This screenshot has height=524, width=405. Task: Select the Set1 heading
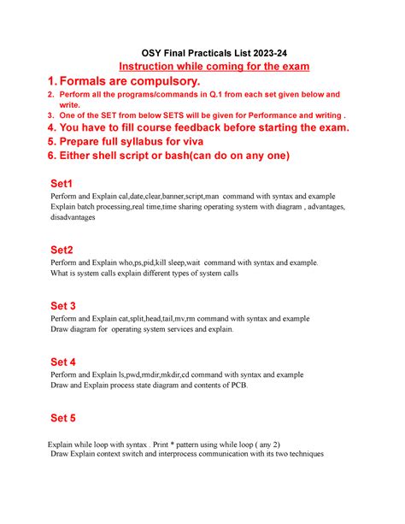click(63, 184)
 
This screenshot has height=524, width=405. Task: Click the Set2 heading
click(63, 249)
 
